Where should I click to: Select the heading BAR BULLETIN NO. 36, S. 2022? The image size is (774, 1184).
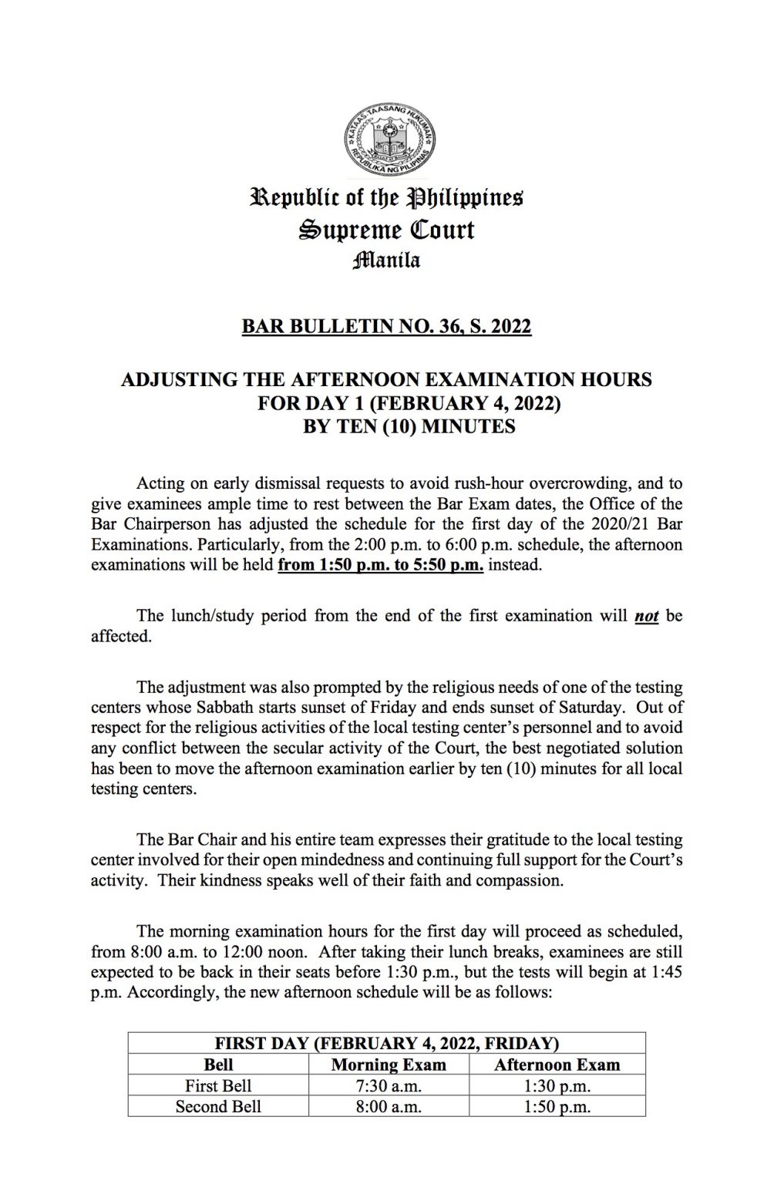(x=386, y=327)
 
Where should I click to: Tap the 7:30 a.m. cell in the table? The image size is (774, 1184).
(x=388, y=1086)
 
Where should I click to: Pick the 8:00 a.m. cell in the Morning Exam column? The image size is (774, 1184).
(x=388, y=1107)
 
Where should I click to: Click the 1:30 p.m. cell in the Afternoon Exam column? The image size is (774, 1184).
(x=556, y=1086)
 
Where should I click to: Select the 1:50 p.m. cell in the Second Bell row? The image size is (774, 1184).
(x=556, y=1107)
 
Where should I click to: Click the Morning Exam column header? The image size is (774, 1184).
(x=388, y=1065)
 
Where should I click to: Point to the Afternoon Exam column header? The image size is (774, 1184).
(x=556, y=1065)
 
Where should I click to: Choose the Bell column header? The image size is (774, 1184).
(x=218, y=1065)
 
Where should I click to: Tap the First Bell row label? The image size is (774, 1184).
(x=218, y=1086)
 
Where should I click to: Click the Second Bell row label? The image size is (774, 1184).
(x=218, y=1107)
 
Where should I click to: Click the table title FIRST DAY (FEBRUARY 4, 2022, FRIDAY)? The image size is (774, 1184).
(x=386, y=1044)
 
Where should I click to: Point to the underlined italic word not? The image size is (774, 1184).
(x=646, y=617)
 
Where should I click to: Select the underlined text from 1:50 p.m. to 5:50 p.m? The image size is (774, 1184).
(x=380, y=565)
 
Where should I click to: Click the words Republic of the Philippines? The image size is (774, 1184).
(x=386, y=198)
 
